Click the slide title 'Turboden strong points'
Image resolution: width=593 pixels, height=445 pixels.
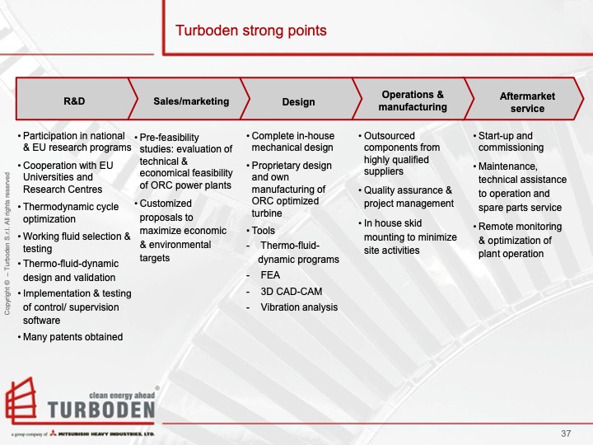(250, 31)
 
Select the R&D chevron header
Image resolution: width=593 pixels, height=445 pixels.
(74, 101)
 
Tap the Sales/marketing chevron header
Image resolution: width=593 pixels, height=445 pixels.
(191, 101)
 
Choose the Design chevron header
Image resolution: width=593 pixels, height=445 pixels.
(298, 102)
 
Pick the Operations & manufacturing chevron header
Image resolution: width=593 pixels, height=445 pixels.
(412, 101)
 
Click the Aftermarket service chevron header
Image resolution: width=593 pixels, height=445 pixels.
(527, 102)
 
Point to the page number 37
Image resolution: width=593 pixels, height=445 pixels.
(565, 433)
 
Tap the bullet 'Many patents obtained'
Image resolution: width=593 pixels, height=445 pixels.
(72, 336)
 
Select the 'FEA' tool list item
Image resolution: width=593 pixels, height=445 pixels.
(270, 275)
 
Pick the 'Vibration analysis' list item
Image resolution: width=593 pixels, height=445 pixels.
(298, 307)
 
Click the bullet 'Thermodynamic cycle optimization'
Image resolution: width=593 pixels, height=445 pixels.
(72, 213)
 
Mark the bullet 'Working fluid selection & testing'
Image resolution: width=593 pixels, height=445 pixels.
(76, 242)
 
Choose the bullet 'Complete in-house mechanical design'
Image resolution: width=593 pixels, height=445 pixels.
(292, 142)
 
